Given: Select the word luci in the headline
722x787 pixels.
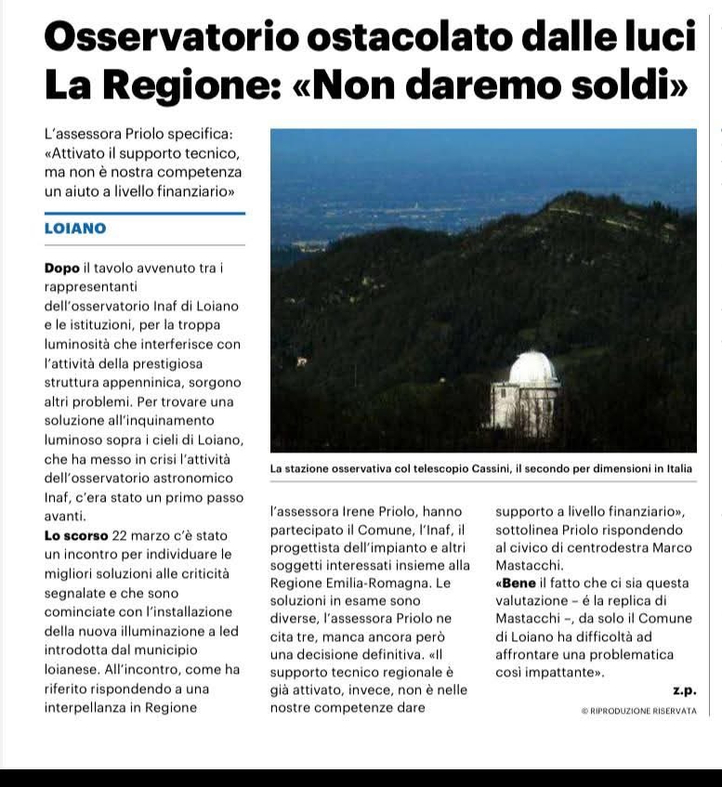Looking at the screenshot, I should coord(660,36).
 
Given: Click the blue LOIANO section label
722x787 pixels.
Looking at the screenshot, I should coord(75,229).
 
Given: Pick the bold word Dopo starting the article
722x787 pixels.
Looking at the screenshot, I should coord(62,268).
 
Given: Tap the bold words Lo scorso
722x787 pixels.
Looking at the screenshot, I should coord(76,535).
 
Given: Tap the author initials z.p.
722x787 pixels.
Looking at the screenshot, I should coord(684,689).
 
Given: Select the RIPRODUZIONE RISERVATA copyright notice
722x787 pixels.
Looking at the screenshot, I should coord(638,711).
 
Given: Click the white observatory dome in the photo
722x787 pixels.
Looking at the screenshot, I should coord(533,369).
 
